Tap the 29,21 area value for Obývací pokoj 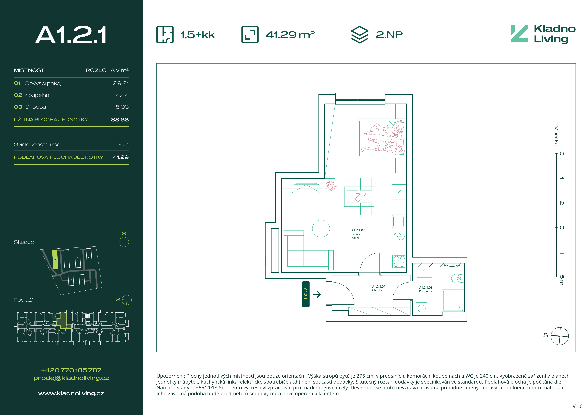121,83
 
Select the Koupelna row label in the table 37,95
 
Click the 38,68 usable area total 120,120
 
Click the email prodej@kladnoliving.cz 71,378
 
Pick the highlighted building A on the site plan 55,259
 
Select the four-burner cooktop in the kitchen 399,261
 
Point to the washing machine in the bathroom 421,308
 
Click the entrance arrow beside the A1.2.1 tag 317,294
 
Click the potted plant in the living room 331,185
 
